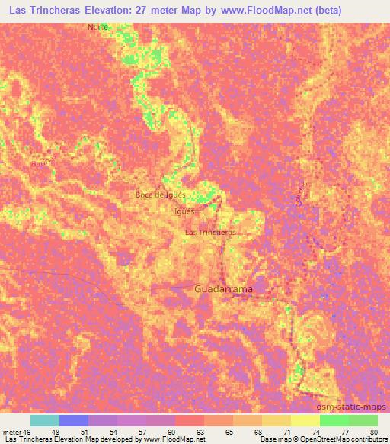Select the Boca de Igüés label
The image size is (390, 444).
pyautogui.click(x=161, y=195)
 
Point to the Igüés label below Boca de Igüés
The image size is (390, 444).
pyautogui.click(x=184, y=211)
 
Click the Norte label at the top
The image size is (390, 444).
pyautogui.click(x=97, y=26)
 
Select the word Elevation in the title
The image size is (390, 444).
pyautogui.click(x=110, y=11)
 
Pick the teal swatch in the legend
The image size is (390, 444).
pyautogui.click(x=44, y=420)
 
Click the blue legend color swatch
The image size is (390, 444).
pyautogui.click(x=74, y=420)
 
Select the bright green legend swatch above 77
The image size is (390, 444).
pyautogui.click(x=334, y=420)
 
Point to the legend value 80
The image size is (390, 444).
pyautogui.click(x=372, y=431)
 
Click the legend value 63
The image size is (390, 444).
pyautogui.click(x=199, y=431)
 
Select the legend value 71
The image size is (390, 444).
pyautogui.click(x=286, y=431)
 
